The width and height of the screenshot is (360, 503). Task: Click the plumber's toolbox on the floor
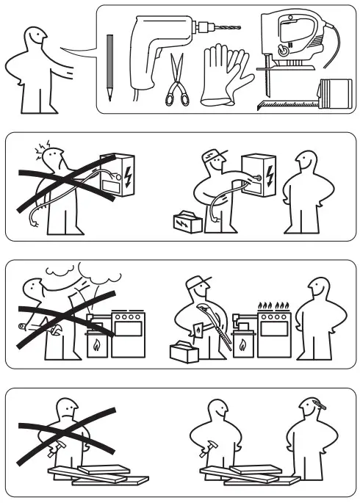click(185, 352)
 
